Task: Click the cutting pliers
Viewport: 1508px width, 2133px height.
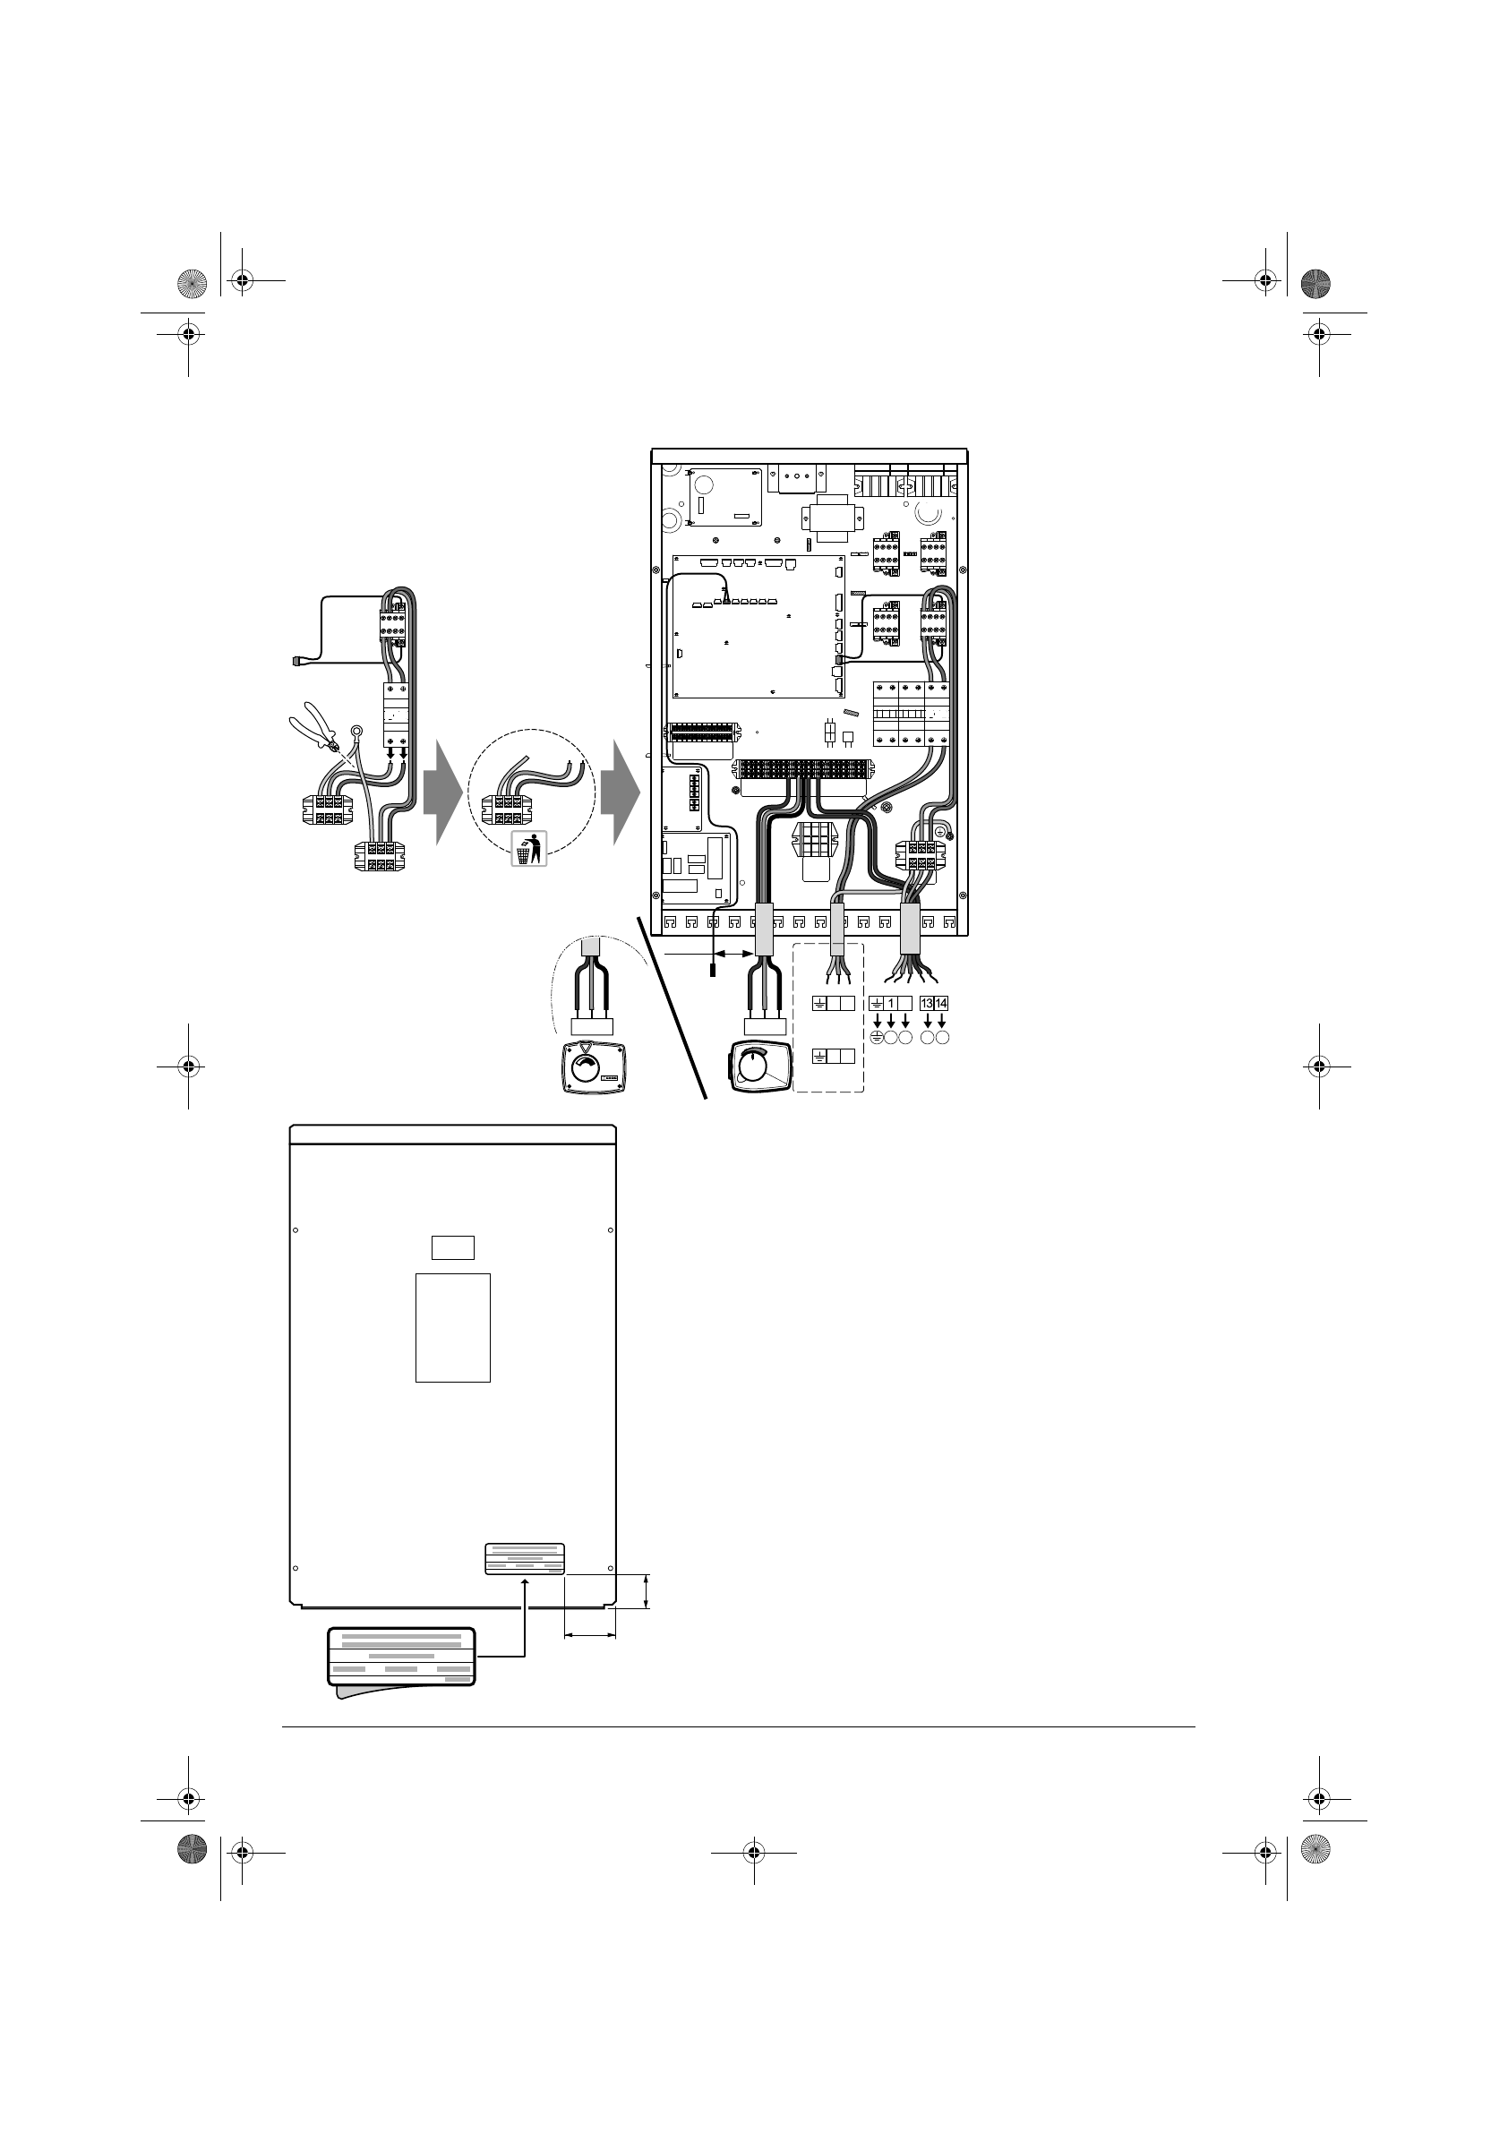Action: coord(313,730)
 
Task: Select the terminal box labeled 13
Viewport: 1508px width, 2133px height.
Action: coord(926,1003)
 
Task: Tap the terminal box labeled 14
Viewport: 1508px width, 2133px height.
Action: coord(941,1003)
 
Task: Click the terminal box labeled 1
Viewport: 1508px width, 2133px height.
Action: coord(891,1003)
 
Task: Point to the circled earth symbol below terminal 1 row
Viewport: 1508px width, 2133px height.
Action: coord(877,1038)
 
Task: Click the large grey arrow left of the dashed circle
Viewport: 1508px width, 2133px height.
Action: coord(442,792)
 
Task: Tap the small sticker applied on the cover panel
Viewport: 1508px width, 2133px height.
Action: coord(525,1559)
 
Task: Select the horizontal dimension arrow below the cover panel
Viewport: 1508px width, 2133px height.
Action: coord(590,1637)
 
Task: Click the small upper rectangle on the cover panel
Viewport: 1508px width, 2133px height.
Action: coord(453,1246)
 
